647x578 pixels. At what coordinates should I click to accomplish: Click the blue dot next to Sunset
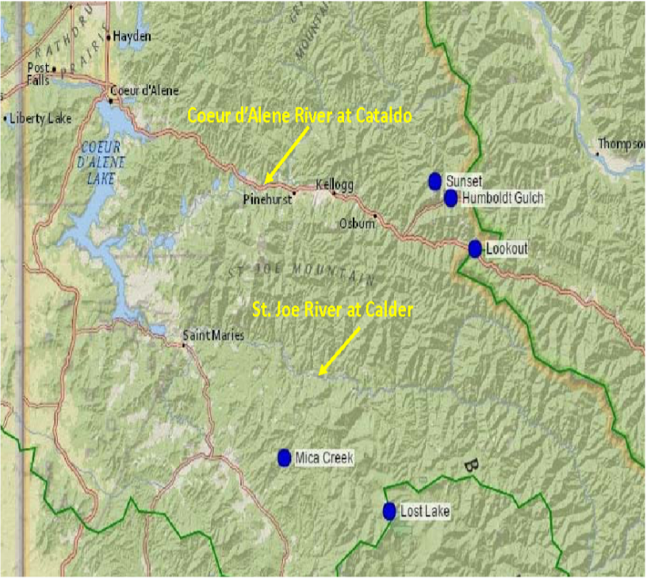click(x=435, y=182)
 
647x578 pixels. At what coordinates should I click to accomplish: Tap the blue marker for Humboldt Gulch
click(x=451, y=198)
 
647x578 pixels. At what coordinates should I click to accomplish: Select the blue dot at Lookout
click(x=475, y=249)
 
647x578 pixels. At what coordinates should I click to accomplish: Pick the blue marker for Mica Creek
click(x=285, y=457)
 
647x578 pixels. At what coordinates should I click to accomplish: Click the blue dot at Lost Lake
click(x=389, y=511)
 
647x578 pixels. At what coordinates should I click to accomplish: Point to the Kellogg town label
click(x=333, y=184)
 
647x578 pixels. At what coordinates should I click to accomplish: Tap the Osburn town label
click(x=356, y=224)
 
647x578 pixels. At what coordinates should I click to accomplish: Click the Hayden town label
click(x=132, y=36)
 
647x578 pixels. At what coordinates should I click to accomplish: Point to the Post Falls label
click(x=38, y=74)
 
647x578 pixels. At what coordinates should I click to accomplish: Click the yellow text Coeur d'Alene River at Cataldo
click(x=300, y=116)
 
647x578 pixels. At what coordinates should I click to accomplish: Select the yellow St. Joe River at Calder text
click(x=332, y=310)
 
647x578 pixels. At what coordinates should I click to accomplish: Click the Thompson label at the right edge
click(x=622, y=144)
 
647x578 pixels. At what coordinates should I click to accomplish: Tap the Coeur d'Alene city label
click(x=144, y=90)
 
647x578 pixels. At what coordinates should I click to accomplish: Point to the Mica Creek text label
click(x=323, y=457)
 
